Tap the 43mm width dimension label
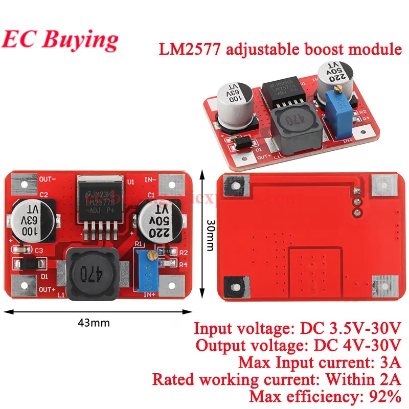click(x=94, y=323)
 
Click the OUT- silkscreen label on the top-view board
click(x=47, y=179)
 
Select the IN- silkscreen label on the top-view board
click(x=150, y=180)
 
